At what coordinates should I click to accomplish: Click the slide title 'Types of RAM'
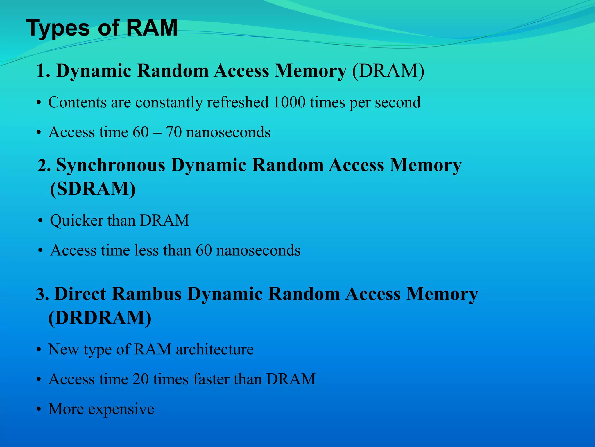(102, 28)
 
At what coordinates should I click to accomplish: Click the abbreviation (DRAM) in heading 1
(388, 71)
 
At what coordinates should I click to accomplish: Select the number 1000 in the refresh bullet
(289, 102)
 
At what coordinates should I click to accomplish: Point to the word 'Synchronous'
(111, 165)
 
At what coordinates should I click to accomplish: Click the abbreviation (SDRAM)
(93, 189)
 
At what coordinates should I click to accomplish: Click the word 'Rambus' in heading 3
(147, 294)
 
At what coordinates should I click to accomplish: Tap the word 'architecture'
(215, 349)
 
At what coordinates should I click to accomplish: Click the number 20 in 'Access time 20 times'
(141, 379)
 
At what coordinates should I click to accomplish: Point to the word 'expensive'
(121, 409)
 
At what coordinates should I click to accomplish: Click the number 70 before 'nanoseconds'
(174, 132)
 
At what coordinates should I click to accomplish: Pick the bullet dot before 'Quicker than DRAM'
(40, 221)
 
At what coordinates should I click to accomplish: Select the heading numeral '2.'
(44, 166)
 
